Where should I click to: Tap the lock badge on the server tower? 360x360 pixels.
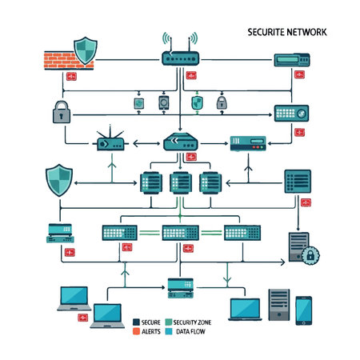[x=310, y=255]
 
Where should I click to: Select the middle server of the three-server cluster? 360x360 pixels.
[x=180, y=185]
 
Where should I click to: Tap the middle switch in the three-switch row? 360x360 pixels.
[x=180, y=233]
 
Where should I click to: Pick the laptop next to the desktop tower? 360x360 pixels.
[x=245, y=309]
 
